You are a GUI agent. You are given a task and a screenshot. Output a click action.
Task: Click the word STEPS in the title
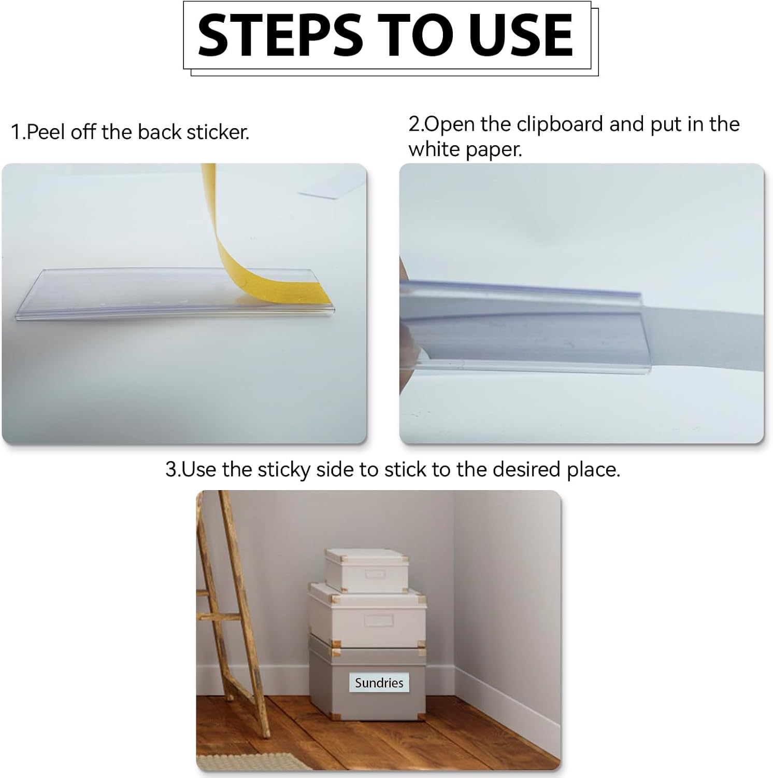[280, 35]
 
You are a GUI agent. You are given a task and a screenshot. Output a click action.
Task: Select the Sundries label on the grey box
[379, 683]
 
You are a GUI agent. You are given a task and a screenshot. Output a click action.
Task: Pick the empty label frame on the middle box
[379, 621]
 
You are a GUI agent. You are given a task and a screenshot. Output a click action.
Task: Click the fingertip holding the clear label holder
[403, 270]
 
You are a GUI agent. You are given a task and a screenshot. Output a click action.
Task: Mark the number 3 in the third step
[171, 470]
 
